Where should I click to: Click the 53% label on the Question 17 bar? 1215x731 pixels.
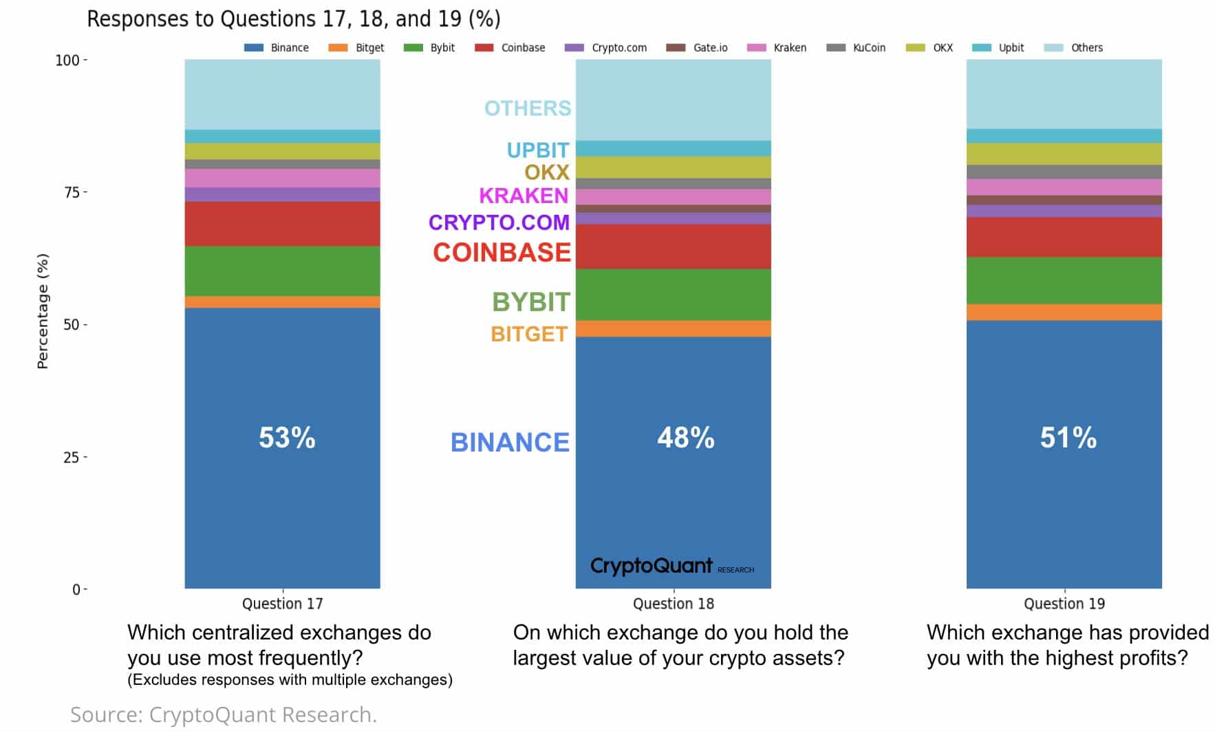coord(287,438)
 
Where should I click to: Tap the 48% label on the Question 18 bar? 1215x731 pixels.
coord(685,438)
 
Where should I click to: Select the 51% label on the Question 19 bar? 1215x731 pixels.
coord(1068,438)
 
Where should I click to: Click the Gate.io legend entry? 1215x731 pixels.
coord(698,47)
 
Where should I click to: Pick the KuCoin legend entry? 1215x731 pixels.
coord(857,47)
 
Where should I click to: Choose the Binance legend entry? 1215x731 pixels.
coord(277,47)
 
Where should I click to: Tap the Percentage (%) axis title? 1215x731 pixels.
coord(43,311)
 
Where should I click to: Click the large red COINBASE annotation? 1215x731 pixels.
coord(502,253)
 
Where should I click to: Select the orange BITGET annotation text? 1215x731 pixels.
coord(529,334)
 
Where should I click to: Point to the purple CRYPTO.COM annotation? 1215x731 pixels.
coord(499,222)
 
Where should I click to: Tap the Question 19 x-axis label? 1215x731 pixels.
coord(1064,604)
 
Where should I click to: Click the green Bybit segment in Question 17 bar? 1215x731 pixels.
coord(282,271)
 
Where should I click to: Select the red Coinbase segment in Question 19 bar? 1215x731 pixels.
coord(1064,237)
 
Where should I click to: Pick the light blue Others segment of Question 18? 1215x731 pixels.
coord(673,100)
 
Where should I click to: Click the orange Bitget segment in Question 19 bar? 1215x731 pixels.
coord(1064,312)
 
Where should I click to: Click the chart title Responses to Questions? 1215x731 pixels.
coord(294,19)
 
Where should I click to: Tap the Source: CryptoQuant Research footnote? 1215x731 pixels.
coord(224,714)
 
